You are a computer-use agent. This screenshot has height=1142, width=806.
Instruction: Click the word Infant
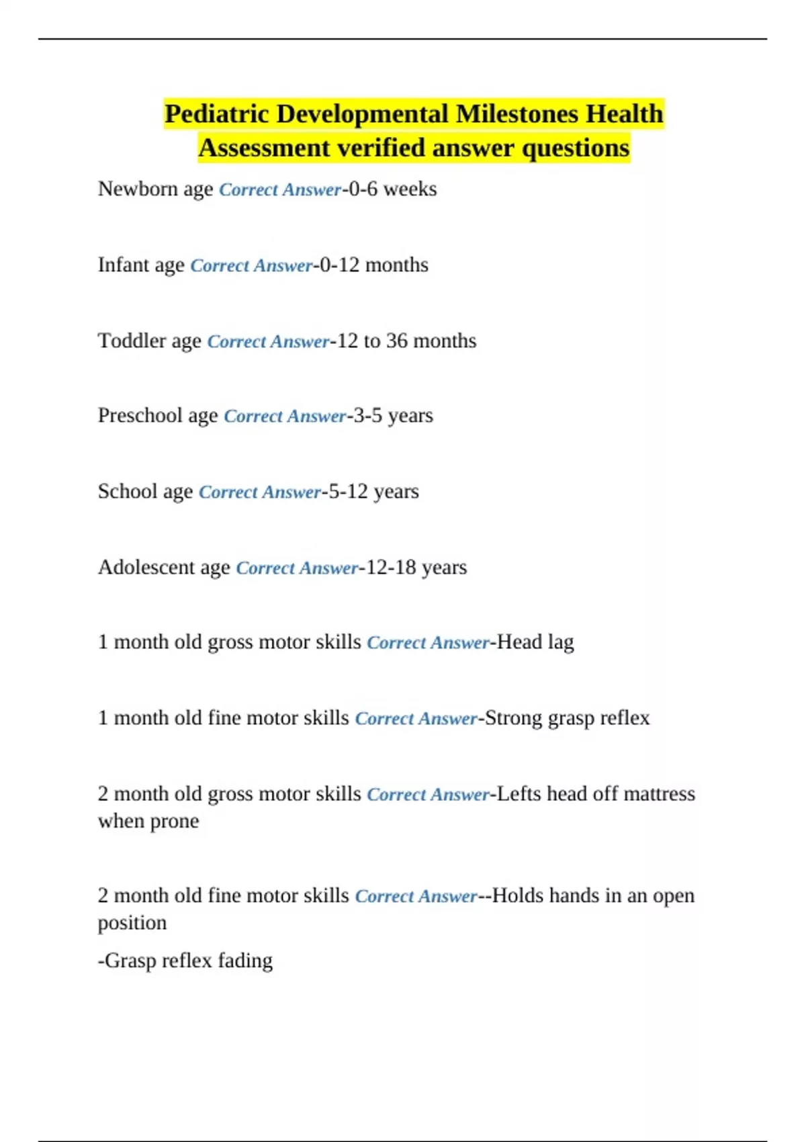pos(123,265)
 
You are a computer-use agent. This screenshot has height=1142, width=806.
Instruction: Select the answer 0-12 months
pos(373,265)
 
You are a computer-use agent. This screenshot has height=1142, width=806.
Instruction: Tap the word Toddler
pos(132,341)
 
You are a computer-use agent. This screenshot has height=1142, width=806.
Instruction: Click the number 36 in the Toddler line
pos(396,341)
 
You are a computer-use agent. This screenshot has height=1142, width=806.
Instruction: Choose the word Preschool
pos(140,415)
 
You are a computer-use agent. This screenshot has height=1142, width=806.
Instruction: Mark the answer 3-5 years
pos(393,415)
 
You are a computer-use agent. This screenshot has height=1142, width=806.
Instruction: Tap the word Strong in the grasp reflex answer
pos(513,718)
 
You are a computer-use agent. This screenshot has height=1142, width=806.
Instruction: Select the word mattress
pos(659,794)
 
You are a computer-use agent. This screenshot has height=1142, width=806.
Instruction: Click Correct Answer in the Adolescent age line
pos(297,568)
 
